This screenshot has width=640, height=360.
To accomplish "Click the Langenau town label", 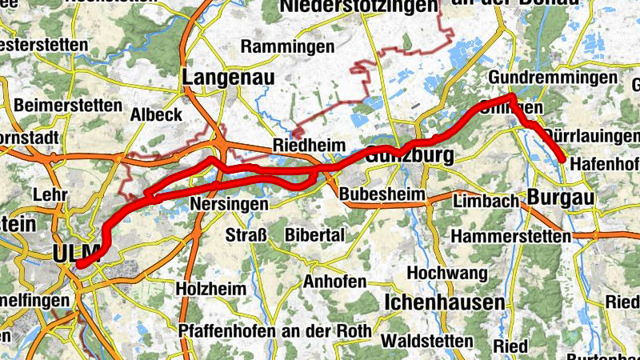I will click(229, 77).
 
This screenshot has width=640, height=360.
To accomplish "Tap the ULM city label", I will click(75, 253).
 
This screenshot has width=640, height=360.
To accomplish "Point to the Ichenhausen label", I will click(445, 302).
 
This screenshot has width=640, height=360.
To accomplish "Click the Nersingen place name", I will click(229, 205).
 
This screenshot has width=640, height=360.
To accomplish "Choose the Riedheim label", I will click(308, 146).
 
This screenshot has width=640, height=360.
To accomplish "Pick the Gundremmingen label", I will click(553, 78).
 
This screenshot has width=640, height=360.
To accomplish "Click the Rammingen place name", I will click(287, 47).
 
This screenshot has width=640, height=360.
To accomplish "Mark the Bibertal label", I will click(314, 235).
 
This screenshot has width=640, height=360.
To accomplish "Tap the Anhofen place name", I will click(334, 282).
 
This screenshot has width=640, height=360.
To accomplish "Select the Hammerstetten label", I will click(511, 237).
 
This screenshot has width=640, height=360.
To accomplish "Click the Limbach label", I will click(486, 202).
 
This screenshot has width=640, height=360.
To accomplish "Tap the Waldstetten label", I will click(428, 340).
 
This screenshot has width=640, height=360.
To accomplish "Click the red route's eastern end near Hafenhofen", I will click(562, 160).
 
